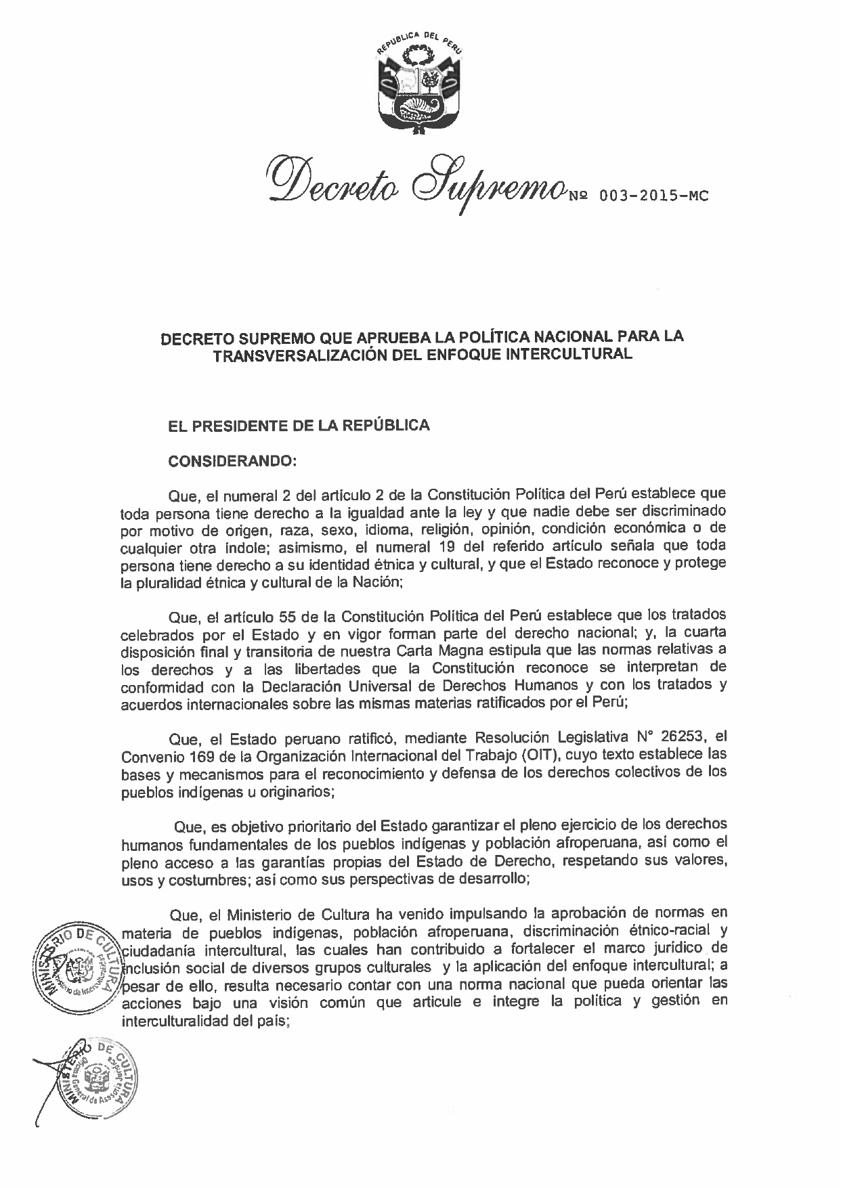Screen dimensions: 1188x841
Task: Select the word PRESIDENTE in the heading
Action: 259,426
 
